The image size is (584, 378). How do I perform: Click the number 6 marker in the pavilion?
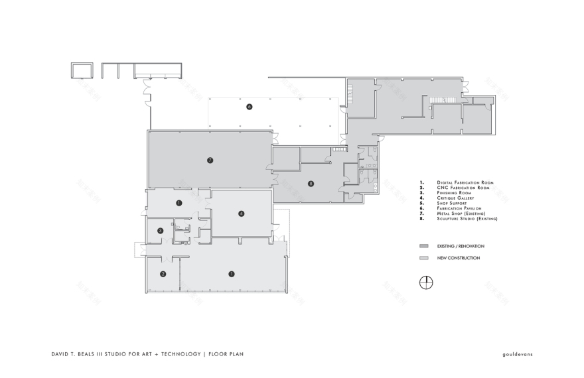250,106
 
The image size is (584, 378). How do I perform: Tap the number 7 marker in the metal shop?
210,160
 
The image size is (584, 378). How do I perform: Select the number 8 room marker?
311,184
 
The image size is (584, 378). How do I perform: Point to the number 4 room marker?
242,213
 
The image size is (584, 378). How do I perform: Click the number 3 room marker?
161,230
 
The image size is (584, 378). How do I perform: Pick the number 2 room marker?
163,273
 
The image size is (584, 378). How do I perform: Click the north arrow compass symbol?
425,283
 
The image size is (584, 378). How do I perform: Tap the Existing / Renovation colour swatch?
423,245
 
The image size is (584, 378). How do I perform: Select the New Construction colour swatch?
423,258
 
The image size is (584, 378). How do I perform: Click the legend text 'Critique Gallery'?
455,198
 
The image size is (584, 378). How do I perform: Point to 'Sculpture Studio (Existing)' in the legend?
467,218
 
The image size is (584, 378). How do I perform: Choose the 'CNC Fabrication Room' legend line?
463,188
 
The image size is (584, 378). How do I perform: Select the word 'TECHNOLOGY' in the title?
179,354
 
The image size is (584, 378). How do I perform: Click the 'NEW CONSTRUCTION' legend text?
458,258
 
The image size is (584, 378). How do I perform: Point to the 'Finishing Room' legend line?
454,193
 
